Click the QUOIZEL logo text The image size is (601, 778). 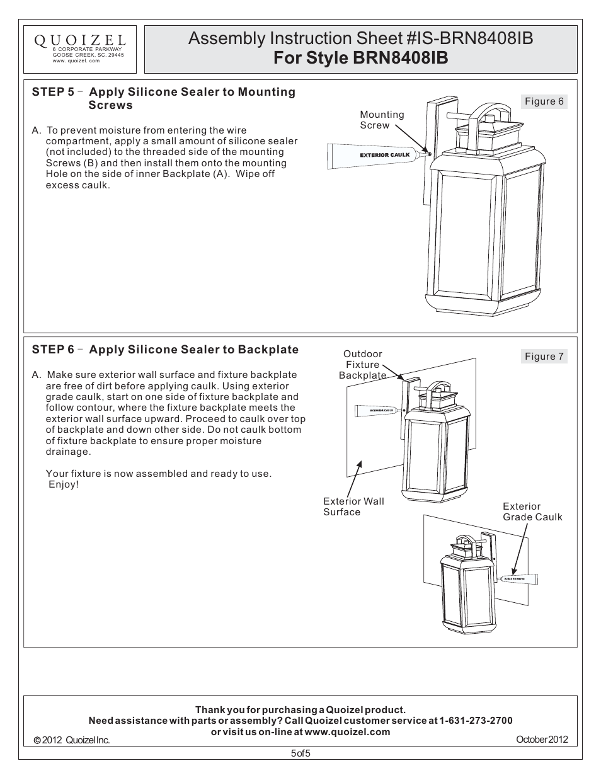(79, 41)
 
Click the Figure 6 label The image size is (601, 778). (544, 101)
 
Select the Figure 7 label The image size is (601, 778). (544, 357)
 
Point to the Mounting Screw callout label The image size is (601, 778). (382, 120)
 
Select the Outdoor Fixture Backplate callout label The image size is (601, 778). (362, 365)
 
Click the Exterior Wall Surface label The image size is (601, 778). (353, 506)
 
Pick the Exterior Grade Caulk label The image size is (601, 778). (532, 512)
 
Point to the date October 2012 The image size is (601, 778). (542, 740)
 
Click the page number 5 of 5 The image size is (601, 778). (300, 753)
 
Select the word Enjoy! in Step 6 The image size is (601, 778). (64, 484)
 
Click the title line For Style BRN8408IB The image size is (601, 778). (360, 58)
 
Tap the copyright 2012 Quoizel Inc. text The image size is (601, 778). (72, 740)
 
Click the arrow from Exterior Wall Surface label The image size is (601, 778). (354, 479)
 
